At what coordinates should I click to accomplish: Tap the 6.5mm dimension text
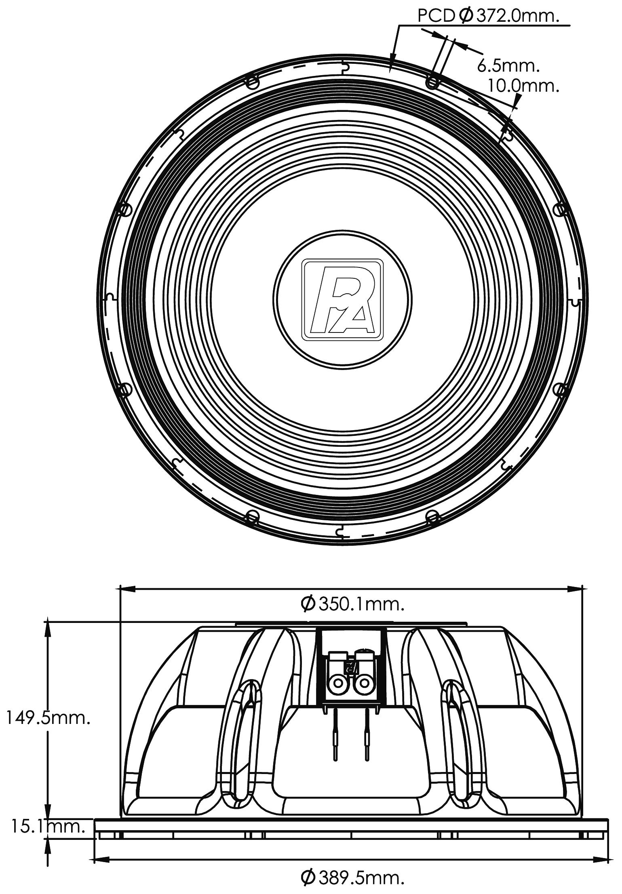[x=508, y=65]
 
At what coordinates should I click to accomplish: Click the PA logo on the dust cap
[x=342, y=299]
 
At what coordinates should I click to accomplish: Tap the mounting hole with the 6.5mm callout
[x=432, y=83]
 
